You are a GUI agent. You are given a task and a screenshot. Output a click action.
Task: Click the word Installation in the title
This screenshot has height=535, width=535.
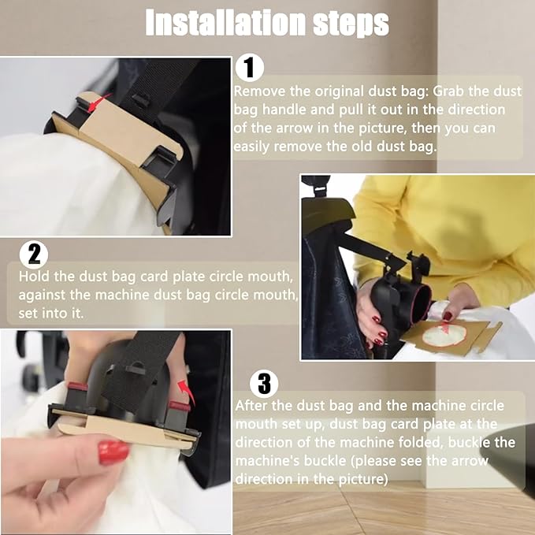[x=226, y=23]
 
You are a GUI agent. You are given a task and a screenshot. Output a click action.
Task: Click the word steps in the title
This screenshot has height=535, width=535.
[x=351, y=24]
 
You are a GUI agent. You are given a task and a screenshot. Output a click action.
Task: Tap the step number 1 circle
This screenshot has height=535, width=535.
[x=250, y=68]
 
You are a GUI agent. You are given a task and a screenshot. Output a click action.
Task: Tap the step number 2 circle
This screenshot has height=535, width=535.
[x=34, y=254]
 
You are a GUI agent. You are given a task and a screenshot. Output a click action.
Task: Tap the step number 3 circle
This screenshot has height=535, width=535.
[x=264, y=383]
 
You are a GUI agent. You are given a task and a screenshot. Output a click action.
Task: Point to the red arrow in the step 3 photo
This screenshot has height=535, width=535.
[x=187, y=392]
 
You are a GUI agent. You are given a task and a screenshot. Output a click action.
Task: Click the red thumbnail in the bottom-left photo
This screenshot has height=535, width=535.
[x=113, y=452]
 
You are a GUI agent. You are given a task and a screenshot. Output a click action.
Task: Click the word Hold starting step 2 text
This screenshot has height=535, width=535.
[x=33, y=277]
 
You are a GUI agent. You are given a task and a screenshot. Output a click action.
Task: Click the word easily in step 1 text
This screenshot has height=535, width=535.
[x=251, y=147]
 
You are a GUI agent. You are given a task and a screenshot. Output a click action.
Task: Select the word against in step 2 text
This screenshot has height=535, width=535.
[x=42, y=295]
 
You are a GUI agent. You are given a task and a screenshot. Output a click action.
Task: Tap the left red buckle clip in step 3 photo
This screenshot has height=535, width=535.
[x=78, y=387]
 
